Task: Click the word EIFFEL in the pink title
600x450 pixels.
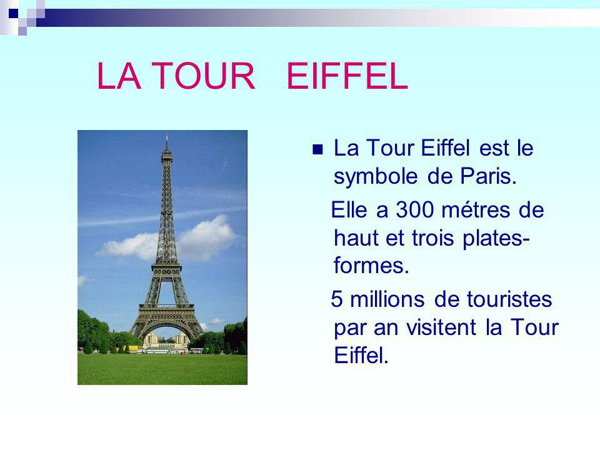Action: pos(347,76)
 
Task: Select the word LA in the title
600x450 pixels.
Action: pos(119,76)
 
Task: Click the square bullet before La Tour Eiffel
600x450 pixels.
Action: pos(317,149)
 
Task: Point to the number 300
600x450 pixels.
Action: pos(414,210)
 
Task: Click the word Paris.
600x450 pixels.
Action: pos(488,176)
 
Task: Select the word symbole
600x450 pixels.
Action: pos(376,177)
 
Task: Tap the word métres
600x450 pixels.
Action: pos(476,210)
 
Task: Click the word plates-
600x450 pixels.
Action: pos(496,239)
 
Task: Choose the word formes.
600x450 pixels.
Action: pos(371,265)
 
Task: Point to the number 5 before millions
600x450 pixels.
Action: pos(336,299)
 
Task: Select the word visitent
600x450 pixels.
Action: pos(441,327)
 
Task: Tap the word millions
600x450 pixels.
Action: pos(387,299)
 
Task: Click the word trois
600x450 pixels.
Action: pos(432,237)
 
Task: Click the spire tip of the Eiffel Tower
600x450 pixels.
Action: pos(166,135)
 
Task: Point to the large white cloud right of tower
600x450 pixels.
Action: pos(207,237)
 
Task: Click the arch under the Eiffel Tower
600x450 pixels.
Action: pos(166,326)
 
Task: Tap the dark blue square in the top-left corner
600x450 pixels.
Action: pos(13,13)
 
